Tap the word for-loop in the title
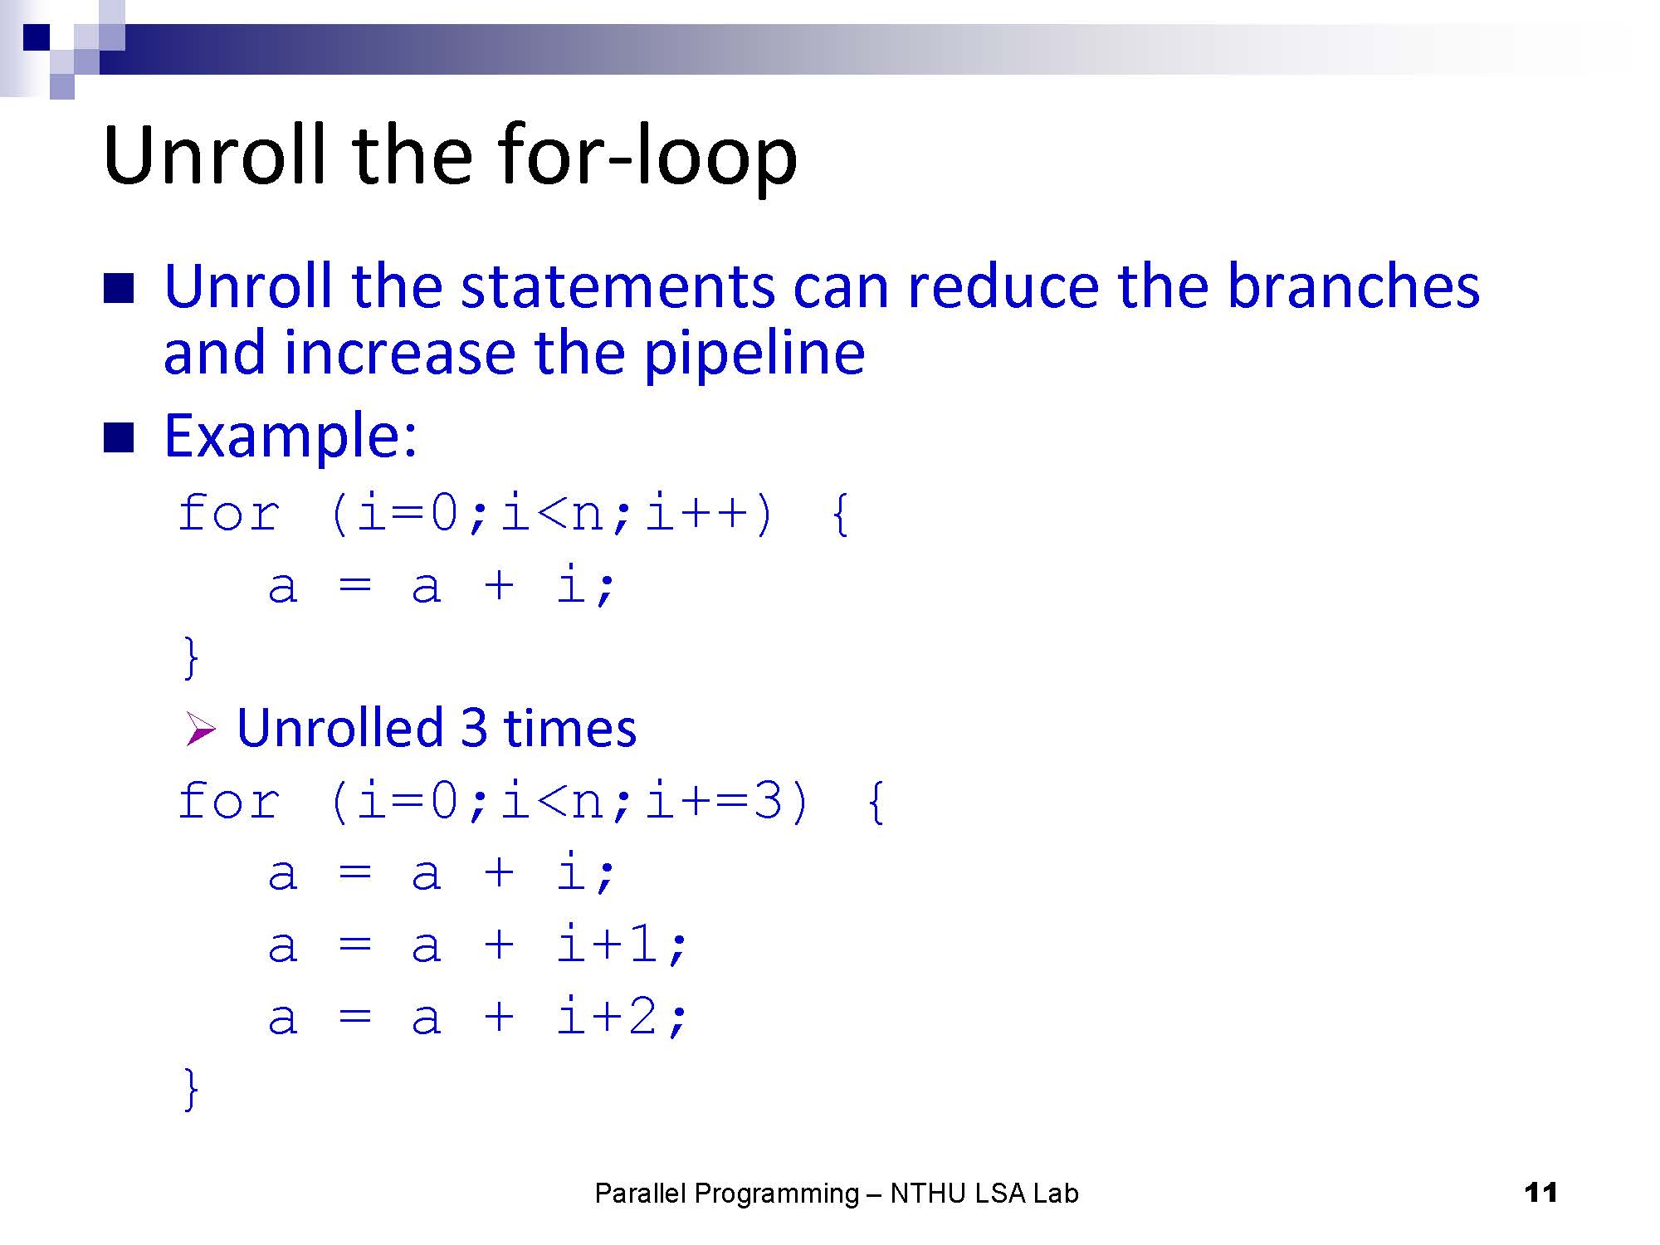tap(647, 155)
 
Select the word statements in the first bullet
tap(619, 287)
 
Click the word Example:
tap(290, 436)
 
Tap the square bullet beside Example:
tap(119, 437)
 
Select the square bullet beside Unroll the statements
tap(119, 288)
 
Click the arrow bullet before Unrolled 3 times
tap(201, 730)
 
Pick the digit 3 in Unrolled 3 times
tap(473, 728)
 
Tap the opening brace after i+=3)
tap(876, 802)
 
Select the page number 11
tap(1540, 1193)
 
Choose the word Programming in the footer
tap(777, 1194)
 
